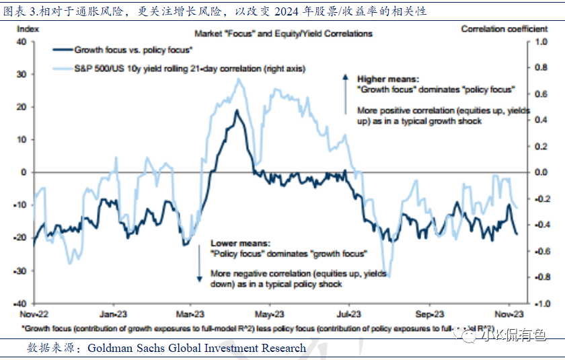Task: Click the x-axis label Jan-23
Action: [x=114, y=314]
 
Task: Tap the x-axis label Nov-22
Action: [x=33, y=314]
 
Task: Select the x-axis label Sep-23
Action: [x=428, y=314]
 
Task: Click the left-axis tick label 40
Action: [x=21, y=42]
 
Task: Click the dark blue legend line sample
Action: [x=63, y=50]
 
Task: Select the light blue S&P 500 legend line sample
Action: [x=63, y=68]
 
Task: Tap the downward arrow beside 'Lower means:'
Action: [x=199, y=263]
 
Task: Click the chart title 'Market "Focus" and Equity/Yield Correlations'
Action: [x=282, y=33]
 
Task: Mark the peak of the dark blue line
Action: [x=236, y=110]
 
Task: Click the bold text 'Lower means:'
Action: [x=240, y=243]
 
